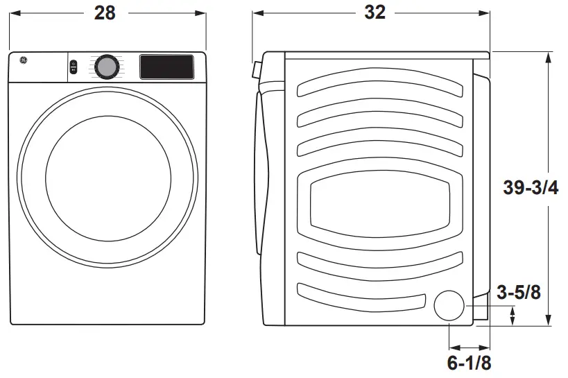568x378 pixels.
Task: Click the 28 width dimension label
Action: [105, 13]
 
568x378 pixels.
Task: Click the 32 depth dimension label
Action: [375, 13]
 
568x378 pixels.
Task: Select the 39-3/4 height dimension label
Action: [531, 187]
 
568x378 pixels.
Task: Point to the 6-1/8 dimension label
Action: [470, 362]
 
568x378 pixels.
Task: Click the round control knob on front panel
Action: [106, 67]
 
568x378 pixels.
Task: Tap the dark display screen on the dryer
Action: [167, 67]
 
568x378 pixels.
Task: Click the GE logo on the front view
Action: [21, 61]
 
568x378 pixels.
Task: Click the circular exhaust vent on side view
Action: [450, 306]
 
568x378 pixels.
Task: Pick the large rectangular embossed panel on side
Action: [379, 205]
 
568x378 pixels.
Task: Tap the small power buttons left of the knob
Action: [74, 67]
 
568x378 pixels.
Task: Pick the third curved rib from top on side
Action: [379, 147]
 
